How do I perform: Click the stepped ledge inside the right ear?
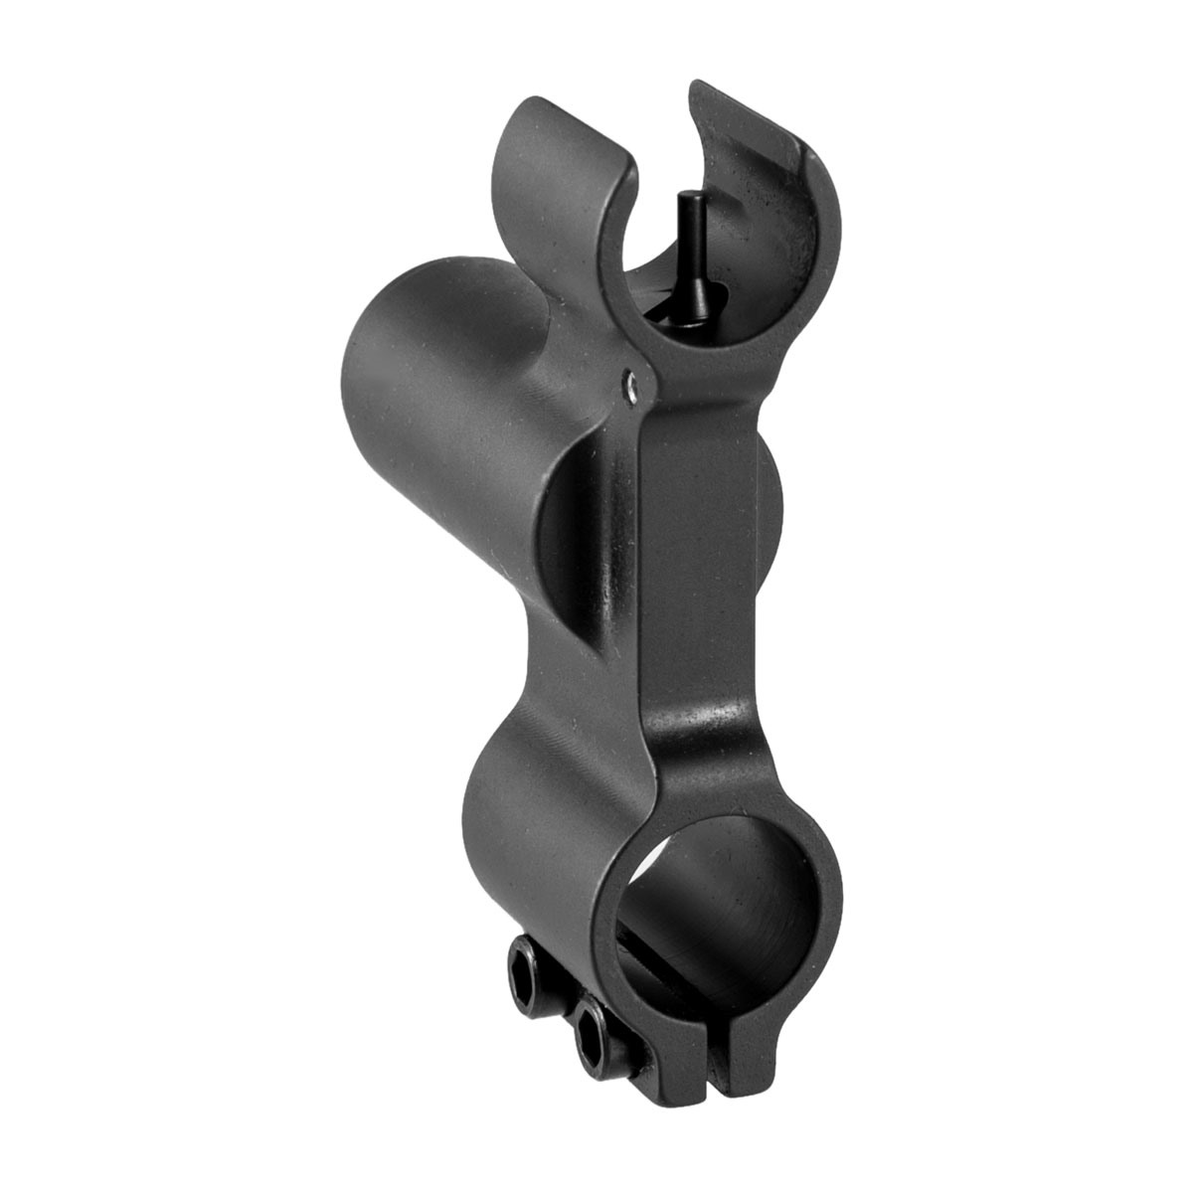click(785, 159)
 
